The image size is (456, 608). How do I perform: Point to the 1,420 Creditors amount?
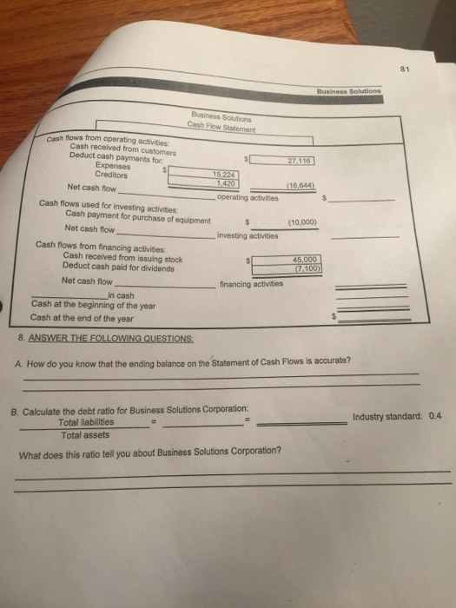click(x=216, y=182)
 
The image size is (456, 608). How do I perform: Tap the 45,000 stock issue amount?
click(x=307, y=258)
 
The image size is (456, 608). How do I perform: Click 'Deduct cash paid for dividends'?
click(x=118, y=265)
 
